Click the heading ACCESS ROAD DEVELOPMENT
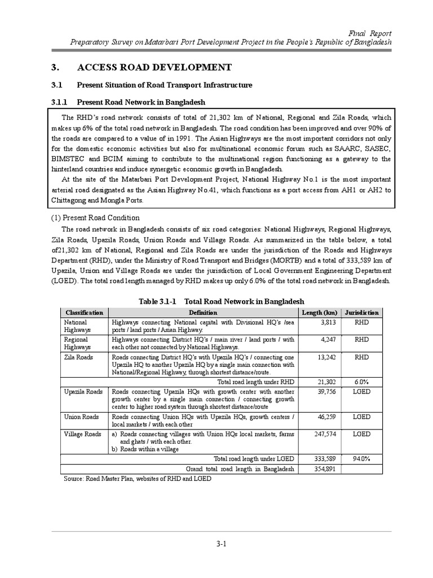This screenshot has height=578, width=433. click(154, 68)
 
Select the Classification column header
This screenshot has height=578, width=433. click(85, 313)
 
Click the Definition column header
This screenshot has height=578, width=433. click(203, 313)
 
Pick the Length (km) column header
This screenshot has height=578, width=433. click(320, 313)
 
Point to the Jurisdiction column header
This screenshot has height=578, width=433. click(362, 313)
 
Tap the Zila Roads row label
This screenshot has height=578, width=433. click(79, 357)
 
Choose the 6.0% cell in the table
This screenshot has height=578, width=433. click(362, 382)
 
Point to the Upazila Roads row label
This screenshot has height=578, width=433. click(83, 391)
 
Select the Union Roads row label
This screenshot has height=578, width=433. click(82, 417)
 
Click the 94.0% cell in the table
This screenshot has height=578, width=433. click(362, 459)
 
